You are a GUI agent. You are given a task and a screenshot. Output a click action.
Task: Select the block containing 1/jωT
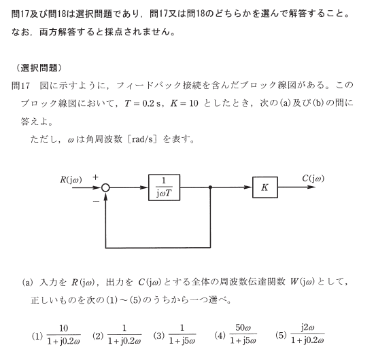(165, 187)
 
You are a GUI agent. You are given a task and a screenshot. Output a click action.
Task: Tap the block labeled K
(265, 187)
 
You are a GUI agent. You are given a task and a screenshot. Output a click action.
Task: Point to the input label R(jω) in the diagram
(71, 179)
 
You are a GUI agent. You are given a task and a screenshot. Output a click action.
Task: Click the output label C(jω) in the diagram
(313, 179)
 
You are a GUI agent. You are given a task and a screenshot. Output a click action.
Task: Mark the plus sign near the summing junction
(95, 177)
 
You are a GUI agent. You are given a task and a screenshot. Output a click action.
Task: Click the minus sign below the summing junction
(96, 202)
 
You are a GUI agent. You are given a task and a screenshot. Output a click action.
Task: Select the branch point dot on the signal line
(210, 187)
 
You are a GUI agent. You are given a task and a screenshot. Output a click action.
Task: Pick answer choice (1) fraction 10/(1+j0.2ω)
(63, 334)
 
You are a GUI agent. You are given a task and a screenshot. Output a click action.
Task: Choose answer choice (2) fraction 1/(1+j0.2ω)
(124, 334)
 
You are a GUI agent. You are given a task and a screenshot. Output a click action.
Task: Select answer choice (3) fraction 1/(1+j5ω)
(182, 334)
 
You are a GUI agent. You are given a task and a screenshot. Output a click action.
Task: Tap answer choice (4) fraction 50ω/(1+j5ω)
(243, 334)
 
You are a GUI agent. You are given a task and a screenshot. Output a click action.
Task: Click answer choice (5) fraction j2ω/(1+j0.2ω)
(307, 334)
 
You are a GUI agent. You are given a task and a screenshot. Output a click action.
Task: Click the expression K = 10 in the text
(184, 103)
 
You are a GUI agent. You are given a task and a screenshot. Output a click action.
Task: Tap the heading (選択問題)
(39, 68)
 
